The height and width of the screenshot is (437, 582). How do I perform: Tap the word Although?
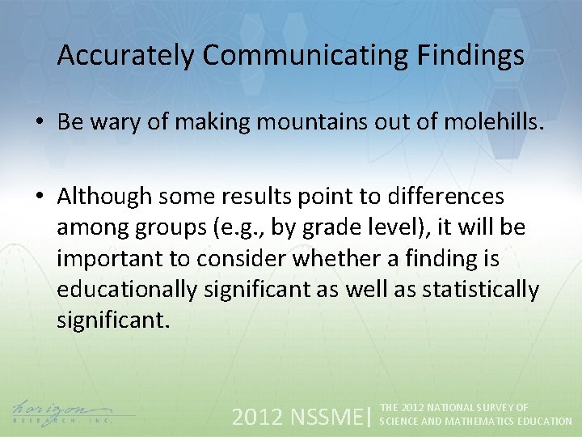pyautogui.click(x=105, y=197)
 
